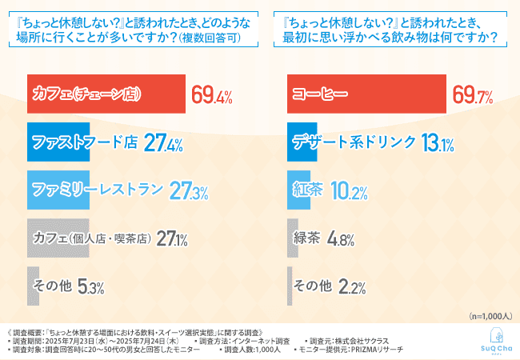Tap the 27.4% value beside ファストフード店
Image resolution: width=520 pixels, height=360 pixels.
(164, 143)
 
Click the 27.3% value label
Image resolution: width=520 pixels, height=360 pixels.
(189, 191)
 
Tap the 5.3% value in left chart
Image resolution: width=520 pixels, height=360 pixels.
(91, 286)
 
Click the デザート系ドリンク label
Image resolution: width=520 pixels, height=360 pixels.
(354, 143)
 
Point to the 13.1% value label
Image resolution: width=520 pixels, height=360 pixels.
(437, 143)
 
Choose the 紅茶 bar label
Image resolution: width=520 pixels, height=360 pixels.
(308, 191)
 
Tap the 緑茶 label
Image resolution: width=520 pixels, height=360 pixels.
(308, 238)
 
